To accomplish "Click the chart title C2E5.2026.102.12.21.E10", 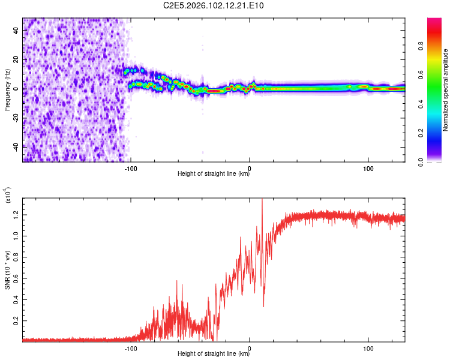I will (x=214, y=5).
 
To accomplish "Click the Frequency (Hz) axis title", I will (x=8, y=90).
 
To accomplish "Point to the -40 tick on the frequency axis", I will (x=16, y=146).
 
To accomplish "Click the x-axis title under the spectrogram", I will (x=214, y=174).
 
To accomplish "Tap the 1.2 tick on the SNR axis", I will (x=16, y=214).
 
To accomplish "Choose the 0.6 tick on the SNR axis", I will (x=16, y=278).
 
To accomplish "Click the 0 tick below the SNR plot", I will (x=250, y=347).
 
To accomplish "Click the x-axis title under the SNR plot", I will (x=214, y=354).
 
